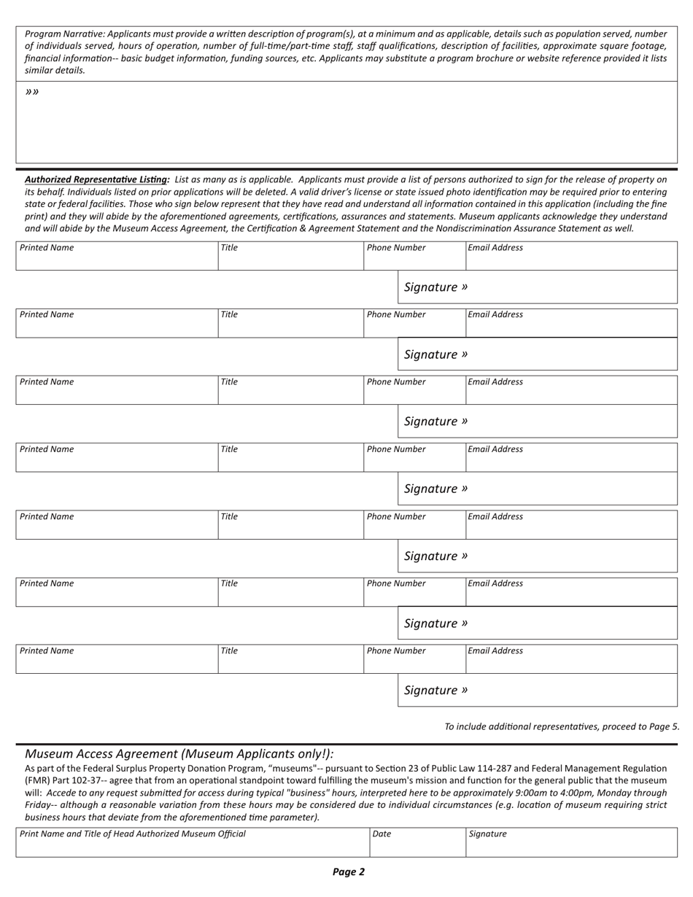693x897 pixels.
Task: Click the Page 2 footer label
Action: [x=348, y=871]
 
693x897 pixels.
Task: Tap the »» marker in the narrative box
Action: [x=32, y=92]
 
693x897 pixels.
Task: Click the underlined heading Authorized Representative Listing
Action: [x=97, y=179]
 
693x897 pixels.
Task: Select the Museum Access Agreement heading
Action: [x=179, y=754]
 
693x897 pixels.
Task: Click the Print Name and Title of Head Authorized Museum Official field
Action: [x=193, y=842]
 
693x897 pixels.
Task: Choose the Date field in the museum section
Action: [x=417, y=842]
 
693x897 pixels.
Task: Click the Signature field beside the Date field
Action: [x=571, y=842]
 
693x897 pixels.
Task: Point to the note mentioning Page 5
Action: [x=562, y=726]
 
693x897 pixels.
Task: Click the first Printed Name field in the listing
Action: [x=117, y=255]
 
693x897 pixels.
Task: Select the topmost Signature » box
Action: [x=537, y=287]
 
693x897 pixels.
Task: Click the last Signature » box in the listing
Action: [x=537, y=691]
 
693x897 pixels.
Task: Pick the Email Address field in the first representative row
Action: [x=571, y=255]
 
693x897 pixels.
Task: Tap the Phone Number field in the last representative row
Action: [x=414, y=659]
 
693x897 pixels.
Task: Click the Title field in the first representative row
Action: [x=290, y=255]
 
